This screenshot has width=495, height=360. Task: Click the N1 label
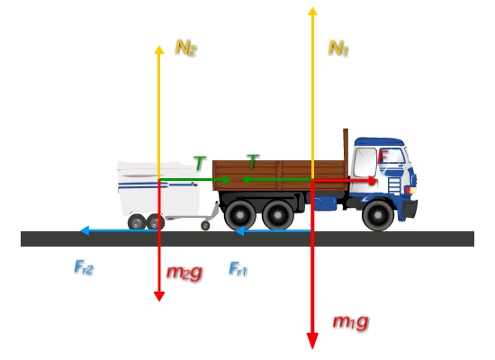click(x=338, y=49)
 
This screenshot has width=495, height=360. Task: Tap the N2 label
click(x=186, y=48)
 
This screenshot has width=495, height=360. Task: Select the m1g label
click(x=351, y=322)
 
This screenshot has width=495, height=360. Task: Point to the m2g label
click(x=184, y=272)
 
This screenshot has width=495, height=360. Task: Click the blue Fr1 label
click(x=238, y=269)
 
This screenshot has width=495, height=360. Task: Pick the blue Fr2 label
click(x=84, y=267)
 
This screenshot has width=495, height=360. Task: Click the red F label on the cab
click(x=382, y=157)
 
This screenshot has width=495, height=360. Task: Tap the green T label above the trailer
click(x=200, y=163)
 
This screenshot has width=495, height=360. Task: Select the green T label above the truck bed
click(x=253, y=161)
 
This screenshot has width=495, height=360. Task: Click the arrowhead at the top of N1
click(x=312, y=11)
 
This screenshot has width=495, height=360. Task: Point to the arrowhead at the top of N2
click(x=159, y=49)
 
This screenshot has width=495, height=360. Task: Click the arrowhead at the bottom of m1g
click(x=312, y=341)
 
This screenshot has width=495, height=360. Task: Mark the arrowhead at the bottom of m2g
click(x=159, y=296)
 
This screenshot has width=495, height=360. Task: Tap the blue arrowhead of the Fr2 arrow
click(x=85, y=230)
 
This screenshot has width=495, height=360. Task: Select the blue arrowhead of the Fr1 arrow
click(x=240, y=231)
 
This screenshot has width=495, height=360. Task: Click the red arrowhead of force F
click(x=373, y=181)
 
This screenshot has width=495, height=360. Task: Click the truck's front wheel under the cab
click(x=378, y=215)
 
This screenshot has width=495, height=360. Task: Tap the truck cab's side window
click(x=364, y=162)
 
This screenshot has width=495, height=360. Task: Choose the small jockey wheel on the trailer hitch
click(x=205, y=226)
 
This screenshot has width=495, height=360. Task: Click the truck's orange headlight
click(x=412, y=190)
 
